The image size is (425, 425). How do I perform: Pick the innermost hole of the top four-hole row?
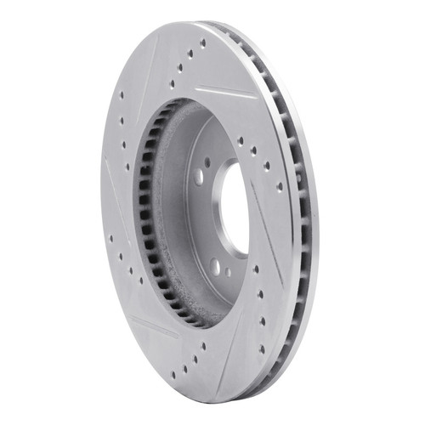[x=172, y=84]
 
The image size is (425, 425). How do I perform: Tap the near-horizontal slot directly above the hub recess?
[x=224, y=92]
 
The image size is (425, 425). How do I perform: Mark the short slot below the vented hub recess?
[x=154, y=327]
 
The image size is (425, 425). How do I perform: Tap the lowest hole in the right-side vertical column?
[x=261, y=340]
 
